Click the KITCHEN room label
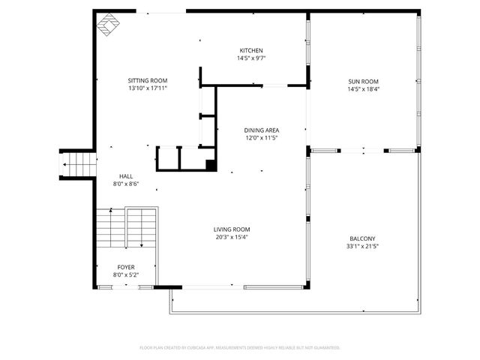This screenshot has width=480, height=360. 251,50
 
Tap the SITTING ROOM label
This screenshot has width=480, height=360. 147,80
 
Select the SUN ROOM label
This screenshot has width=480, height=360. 363,81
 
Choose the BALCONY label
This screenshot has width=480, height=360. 362,238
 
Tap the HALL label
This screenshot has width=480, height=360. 126,176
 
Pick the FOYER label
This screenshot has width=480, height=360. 126,267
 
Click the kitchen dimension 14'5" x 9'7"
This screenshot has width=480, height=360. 251,58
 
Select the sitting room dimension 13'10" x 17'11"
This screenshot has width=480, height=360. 147,88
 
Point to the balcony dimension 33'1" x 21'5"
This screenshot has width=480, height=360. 362,246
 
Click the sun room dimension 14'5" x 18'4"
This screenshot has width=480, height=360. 363,88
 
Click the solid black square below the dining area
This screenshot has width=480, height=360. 211,166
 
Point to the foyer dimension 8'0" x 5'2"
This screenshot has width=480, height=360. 126,274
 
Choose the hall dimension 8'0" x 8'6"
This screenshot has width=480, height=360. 126,184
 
